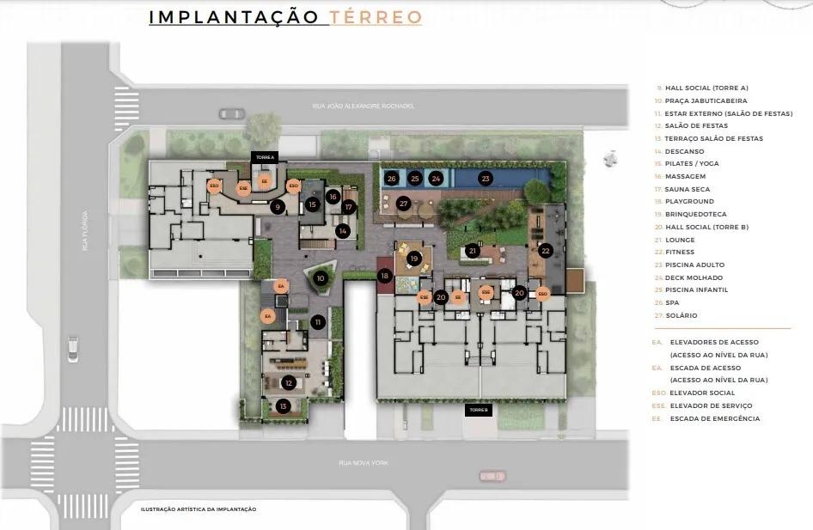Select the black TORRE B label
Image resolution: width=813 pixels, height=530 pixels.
click(x=479, y=411)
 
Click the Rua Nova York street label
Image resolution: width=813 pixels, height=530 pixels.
click(x=364, y=463)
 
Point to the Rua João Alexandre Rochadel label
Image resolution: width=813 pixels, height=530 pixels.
click(x=364, y=107)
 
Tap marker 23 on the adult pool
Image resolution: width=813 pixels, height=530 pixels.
click(x=486, y=179)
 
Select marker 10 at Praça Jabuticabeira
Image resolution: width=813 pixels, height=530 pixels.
click(x=321, y=277)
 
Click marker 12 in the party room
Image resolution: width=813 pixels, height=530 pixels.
click(x=289, y=383)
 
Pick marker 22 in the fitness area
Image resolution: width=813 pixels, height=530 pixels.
click(x=546, y=251)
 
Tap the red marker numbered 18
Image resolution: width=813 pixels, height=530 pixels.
click(x=384, y=275)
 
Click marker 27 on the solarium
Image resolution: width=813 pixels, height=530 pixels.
click(x=403, y=204)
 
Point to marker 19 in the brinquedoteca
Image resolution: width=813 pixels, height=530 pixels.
click(x=413, y=258)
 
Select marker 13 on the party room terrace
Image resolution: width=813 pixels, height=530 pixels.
click(x=283, y=405)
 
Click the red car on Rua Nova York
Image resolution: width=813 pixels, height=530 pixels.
click(x=492, y=475)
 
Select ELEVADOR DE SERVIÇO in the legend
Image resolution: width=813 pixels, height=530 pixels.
click(x=711, y=405)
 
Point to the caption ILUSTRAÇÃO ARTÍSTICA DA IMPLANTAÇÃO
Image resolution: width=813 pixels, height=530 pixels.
click(x=199, y=509)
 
